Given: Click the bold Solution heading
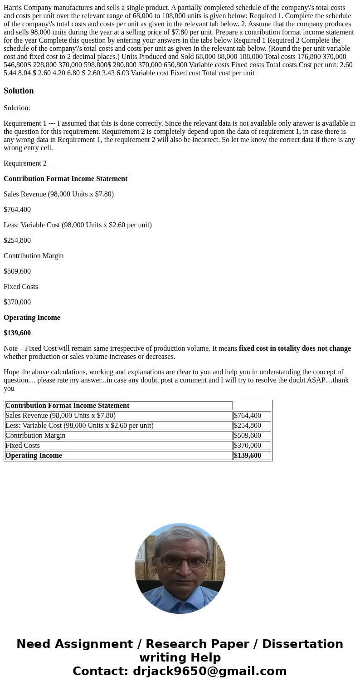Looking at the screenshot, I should tap(19, 91).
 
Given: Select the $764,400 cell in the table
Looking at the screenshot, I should tap(248, 415).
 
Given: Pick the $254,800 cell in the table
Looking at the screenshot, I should tap(248, 425).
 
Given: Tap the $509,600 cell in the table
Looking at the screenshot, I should tap(248, 435).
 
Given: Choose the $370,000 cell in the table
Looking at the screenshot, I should tap(248, 445).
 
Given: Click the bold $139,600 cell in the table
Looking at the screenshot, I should tap(248, 455).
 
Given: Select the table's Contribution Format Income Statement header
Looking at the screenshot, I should tap(67, 405).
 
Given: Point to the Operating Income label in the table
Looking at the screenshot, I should tap(34, 455).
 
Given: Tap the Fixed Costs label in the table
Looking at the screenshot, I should tap(23, 445).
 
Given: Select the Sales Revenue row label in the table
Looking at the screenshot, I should tap(60, 415).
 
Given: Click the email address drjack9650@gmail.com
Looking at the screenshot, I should tap(209, 671).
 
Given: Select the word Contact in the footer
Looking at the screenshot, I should tap(98, 671).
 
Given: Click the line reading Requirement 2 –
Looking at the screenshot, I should tap(28, 163).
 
